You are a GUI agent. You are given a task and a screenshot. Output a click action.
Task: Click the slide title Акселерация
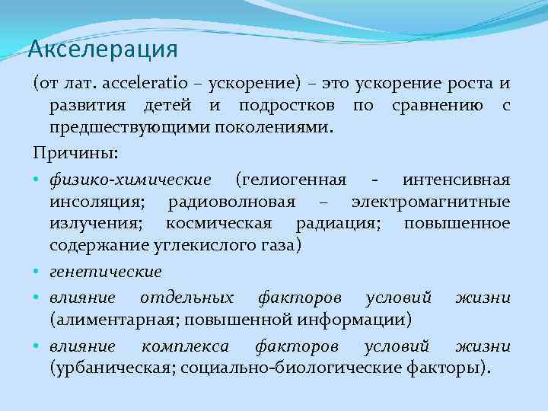point(103,50)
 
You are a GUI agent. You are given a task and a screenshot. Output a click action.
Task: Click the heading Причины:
point(75,153)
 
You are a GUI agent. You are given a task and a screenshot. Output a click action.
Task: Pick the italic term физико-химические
point(130,181)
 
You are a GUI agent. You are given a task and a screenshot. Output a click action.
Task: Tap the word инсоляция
point(98,202)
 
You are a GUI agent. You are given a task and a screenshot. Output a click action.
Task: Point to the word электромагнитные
point(431,202)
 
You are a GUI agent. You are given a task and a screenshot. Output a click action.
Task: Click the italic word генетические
point(106,271)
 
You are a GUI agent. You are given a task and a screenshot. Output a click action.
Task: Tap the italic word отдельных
point(186,296)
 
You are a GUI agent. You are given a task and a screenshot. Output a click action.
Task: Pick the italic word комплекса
point(186,346)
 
